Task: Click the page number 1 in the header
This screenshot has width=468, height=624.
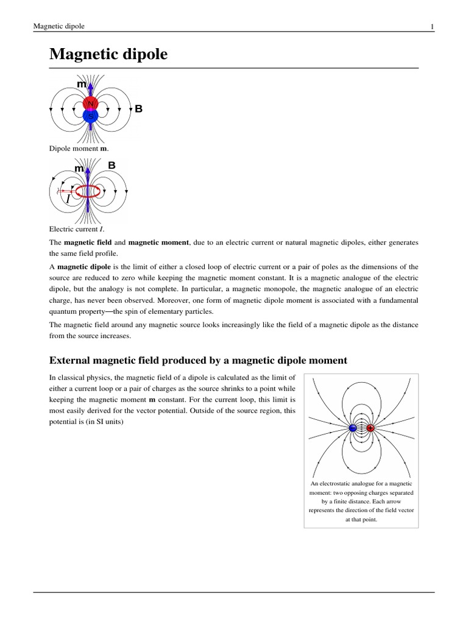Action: coord(432,26)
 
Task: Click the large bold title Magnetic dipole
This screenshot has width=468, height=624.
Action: coord(108,55)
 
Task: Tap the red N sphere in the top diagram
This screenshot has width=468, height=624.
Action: coord(90,104)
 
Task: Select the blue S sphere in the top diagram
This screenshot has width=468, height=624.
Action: coord(90,115)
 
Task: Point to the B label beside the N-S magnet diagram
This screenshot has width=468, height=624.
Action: coord(138,109)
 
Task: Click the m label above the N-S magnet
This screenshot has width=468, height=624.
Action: coord(81,83)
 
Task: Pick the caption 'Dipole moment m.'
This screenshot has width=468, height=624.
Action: coord(73,148)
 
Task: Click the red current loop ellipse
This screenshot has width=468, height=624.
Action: coord(88,191)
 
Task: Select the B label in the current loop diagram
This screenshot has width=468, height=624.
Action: coord(112,165)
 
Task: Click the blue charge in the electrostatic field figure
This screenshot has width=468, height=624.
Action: coord(352,428)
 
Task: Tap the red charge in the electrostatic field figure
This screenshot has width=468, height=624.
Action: coord(370,428)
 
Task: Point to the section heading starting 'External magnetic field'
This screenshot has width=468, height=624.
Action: coord(198,360)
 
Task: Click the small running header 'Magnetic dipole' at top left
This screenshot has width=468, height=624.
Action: coord(58,26)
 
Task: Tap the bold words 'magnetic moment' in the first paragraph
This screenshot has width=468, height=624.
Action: coord(158,243)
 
